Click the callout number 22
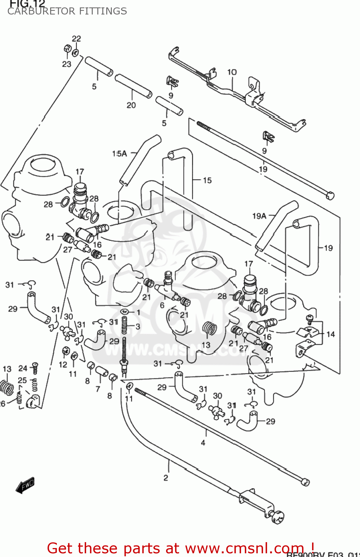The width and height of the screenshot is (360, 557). point(76,39)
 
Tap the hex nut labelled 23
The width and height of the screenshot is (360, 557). point(68,49)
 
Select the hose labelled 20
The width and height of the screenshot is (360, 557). point(133,85)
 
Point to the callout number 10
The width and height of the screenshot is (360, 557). point(232,72)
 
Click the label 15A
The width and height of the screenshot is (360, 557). point(119,153)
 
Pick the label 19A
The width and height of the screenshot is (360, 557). point(259,216)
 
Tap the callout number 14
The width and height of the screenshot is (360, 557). point(330,334)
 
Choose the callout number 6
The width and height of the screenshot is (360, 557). point(162,305)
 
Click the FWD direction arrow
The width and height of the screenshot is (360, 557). point(25,485)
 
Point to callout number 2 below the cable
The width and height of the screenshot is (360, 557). point(166,478)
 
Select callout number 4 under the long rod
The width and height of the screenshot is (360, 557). point(203,443)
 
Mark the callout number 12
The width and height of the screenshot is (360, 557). point(63,365)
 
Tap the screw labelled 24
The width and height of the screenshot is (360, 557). point(35,368)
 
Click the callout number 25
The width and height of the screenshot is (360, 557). point(22,380)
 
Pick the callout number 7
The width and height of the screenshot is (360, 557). point(98,389)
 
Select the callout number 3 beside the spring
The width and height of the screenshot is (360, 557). point(138,326)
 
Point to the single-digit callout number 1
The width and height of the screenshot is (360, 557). point(138,312)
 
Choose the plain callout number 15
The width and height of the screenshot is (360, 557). point(207,180)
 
